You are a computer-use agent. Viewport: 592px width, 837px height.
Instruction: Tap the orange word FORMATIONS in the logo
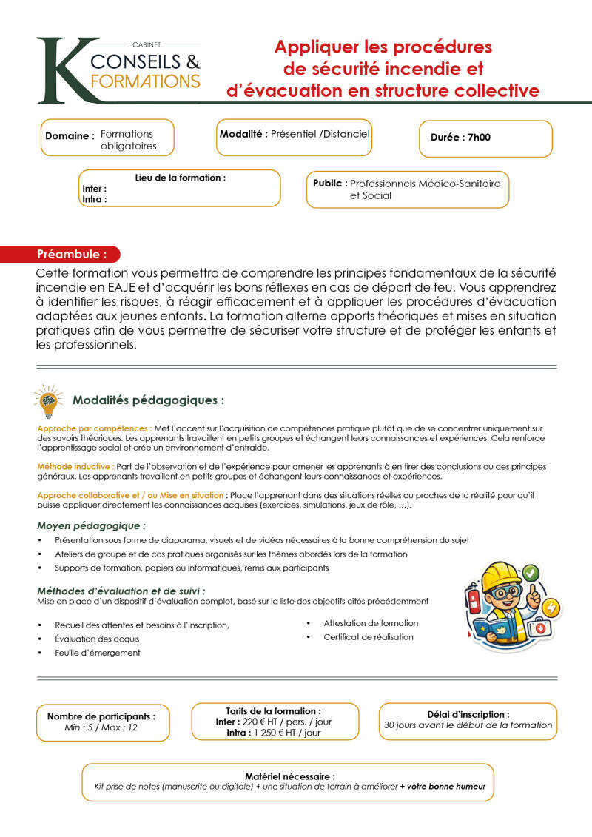click(x=144, y=81)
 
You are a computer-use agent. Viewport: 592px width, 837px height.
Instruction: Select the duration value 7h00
click(x=479, y=137)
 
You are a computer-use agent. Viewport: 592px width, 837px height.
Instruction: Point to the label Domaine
click(x=69, y=136)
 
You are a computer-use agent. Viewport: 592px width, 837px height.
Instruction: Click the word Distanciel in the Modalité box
click(x=344, y=134)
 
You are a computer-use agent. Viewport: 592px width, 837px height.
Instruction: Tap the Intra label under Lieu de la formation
click(x=94, y=199)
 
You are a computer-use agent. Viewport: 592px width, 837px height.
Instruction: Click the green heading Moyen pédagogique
click(x=91, y=526)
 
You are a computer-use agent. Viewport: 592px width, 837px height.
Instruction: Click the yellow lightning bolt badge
click(x=551, y=605)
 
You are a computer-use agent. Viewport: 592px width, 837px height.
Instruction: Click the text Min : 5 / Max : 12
click(x=101, y=727)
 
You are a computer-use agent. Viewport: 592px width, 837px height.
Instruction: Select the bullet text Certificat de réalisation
click(x=368, y=637)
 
